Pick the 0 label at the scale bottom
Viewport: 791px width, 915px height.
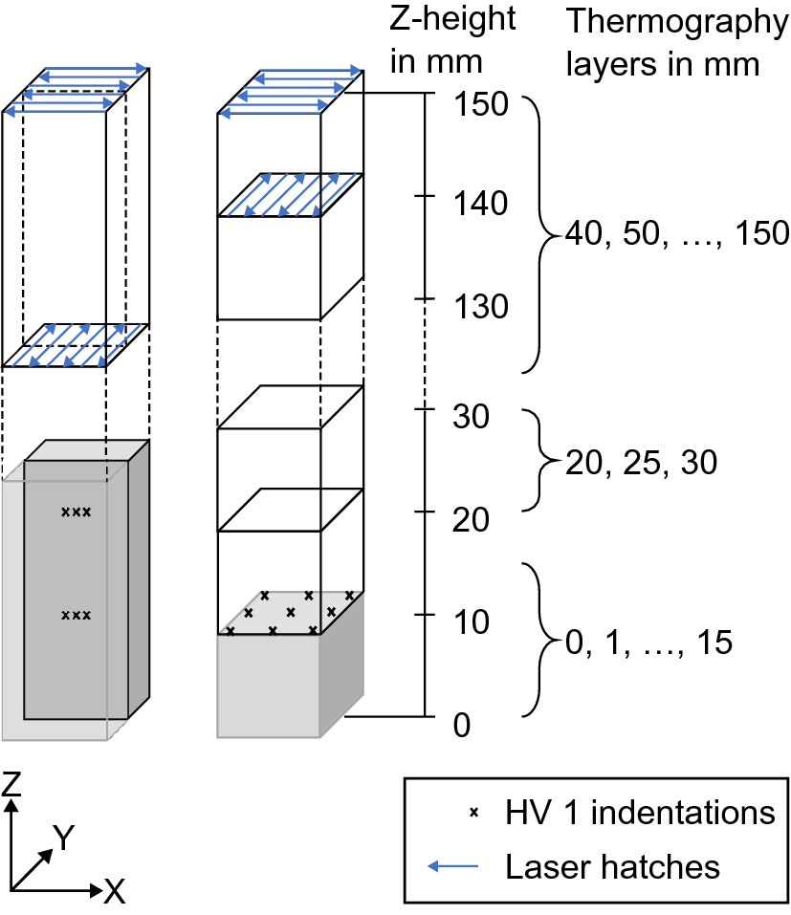[x=461, y=726]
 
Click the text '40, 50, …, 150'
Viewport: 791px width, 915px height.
[x=676, y=232]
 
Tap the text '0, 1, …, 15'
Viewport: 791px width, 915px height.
[x=648, y=642]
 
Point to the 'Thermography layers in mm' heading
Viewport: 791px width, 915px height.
[x=675, y=43]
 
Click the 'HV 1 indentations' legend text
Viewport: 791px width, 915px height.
[x=639, y=813]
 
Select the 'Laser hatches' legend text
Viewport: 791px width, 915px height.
[x=612, y=867]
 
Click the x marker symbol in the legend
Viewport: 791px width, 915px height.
[x=472, y=814]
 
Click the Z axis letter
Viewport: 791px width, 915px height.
[x=11, y=785]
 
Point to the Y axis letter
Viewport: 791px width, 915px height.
[x=63, y=839]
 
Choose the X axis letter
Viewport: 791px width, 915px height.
[x=114, y=892]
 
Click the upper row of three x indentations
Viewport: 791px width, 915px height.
[x=76, y=512]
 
